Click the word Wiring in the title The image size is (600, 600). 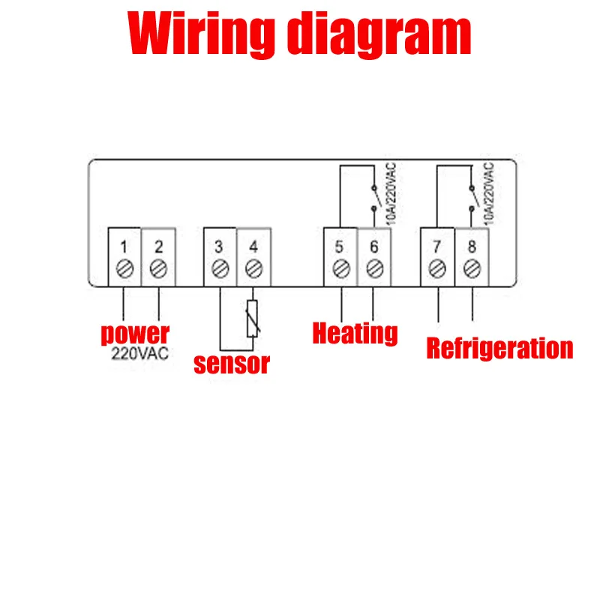click(201, 34)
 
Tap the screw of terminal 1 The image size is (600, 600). click(125, 268)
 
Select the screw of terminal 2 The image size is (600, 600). click(158, 268)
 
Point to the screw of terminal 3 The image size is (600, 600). click(220, 268)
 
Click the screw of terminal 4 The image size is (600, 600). click(253, 268)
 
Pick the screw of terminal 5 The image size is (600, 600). click(341, 268)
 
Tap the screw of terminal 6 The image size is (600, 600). click(374, 268)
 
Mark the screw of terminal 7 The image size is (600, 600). click(437, 268)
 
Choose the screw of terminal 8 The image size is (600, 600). click(472, 268)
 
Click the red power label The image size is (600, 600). click(135, 334)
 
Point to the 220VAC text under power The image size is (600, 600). click(140, 353)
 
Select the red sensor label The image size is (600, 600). click(232, 364)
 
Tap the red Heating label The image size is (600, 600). click(355, 333)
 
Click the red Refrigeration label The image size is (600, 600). click(499, 349)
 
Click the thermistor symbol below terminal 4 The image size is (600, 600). click(252, 319)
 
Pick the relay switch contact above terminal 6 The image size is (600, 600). click(376, 198)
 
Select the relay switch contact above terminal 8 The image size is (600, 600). click(474, 198)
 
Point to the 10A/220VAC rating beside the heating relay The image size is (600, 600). click(391, 193)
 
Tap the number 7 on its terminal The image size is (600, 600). click(437, 247)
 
